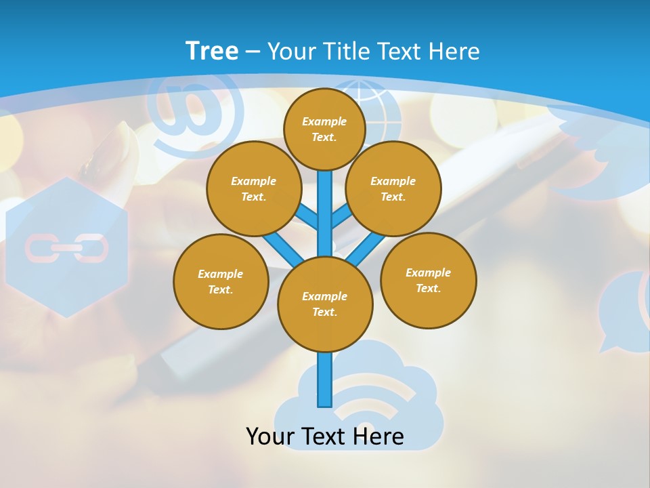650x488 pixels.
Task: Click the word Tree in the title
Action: [x=212, y=51]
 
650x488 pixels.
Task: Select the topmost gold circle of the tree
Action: [x=324, y=129]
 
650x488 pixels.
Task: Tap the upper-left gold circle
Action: [x=254, y=188]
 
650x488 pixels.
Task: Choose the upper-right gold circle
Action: [x=393, y=188]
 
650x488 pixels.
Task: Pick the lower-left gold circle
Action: [x=221, y=281]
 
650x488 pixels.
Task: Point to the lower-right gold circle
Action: [x=429, y=280]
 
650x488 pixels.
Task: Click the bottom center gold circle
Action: [x=325, y=304]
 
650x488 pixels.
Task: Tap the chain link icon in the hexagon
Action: [x=66, y=248]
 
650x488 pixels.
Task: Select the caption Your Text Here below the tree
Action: [x=325, y=436]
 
